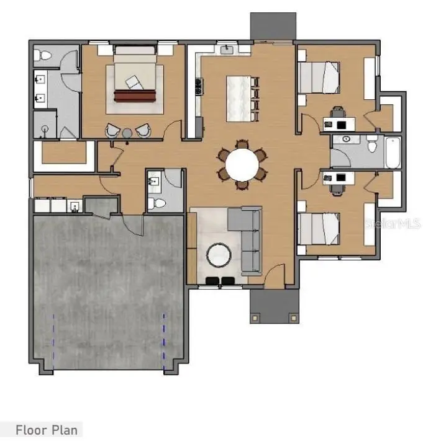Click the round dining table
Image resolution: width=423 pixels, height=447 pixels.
(241, 165)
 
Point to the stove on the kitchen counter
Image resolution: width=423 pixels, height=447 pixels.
(199, 86)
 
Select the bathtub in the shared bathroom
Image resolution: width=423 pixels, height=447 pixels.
(393, 153)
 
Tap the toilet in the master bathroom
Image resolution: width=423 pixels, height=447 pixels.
(43, 56)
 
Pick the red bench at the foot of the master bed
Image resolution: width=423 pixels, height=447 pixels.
(135, 95)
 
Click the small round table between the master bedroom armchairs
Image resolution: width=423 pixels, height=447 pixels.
(127, 131)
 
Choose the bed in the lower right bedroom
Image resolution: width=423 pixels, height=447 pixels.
(319, 229)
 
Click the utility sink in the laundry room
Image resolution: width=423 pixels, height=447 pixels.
(75, 205)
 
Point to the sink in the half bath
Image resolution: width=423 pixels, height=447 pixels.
(155, 182)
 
